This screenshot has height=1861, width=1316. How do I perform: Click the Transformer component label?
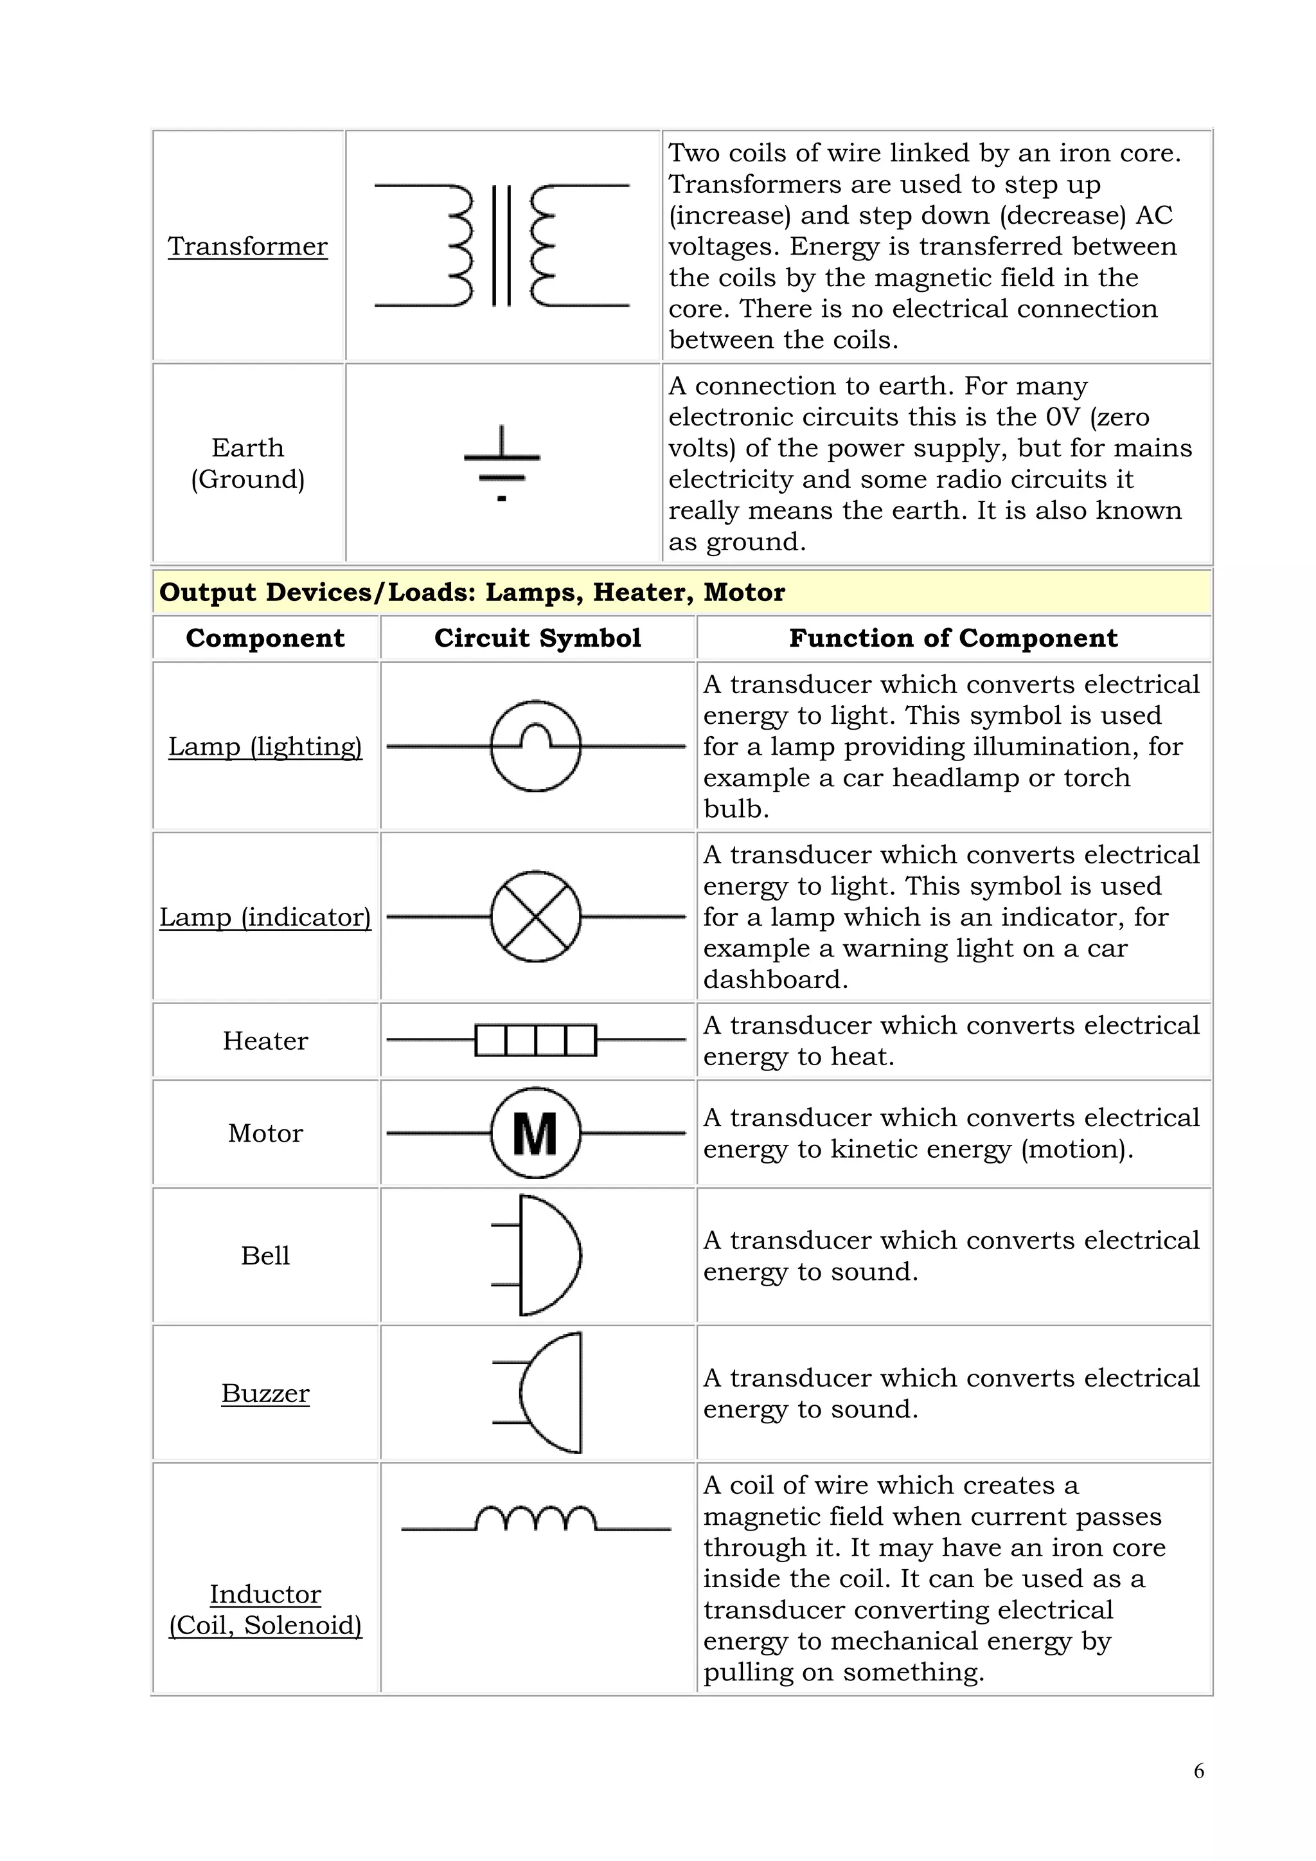[x=247, y=246]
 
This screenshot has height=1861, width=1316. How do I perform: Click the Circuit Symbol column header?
[x=537, y=638]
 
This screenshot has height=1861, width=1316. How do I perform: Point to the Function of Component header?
[x=953, y=638]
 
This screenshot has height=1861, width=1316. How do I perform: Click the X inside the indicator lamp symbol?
[x=536, y=917]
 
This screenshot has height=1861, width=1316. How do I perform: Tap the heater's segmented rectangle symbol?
[x=536, y=1040]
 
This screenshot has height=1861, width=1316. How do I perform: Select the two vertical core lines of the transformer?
[x=502, y=246]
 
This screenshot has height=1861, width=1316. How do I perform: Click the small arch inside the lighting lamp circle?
[x=536, y=735]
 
